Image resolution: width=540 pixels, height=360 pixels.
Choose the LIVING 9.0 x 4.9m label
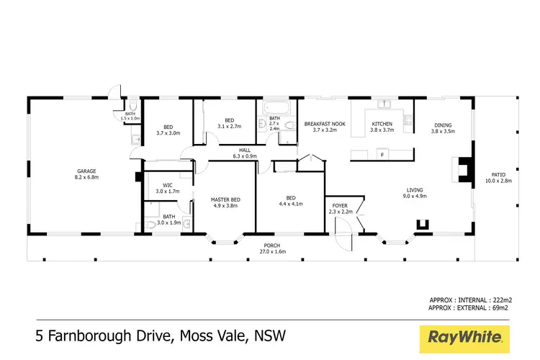(x=415, y=193)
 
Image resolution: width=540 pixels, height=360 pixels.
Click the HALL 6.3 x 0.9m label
(x=245, y=153)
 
